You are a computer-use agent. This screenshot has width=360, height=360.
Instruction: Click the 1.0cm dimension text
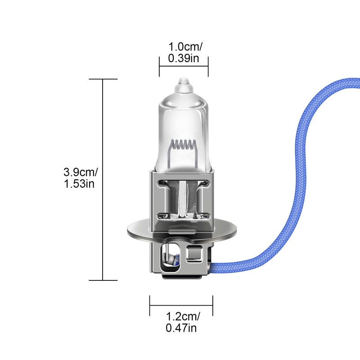coord(185,47)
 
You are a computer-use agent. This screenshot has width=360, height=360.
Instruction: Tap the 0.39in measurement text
coord(184,58)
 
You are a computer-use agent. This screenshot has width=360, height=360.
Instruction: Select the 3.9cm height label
coord(81,172)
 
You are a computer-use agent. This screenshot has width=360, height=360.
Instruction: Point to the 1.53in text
coord(79,184)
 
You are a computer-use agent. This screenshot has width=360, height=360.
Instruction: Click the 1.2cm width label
coord(183,317)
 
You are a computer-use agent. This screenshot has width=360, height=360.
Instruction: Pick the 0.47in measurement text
coord(181,328)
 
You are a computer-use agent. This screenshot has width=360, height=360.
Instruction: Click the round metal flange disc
coord(181,229)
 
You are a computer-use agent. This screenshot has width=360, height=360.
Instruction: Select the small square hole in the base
coord(194,254)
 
